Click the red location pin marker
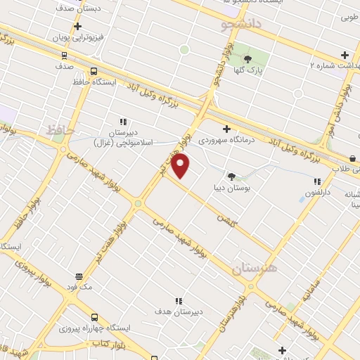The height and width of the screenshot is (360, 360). pos(181,166)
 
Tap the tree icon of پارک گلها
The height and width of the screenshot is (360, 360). pos(247,58)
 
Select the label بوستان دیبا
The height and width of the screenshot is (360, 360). pos(232,188)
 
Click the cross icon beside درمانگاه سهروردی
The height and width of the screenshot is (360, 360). pos(226,129)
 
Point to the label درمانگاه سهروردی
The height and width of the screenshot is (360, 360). pos(224,140)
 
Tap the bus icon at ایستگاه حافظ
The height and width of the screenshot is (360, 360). pos(94,71)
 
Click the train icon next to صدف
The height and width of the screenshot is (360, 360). pos(64,55)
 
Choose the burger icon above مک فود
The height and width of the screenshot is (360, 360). pos(78,276)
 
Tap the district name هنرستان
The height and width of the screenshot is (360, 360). pos(254,268)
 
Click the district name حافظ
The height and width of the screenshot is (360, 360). pos(60,130)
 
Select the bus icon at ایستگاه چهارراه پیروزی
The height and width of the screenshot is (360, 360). pos(94,317)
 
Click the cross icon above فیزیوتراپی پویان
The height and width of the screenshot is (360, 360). pos(78,25)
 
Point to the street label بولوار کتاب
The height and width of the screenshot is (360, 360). pos(109,342)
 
